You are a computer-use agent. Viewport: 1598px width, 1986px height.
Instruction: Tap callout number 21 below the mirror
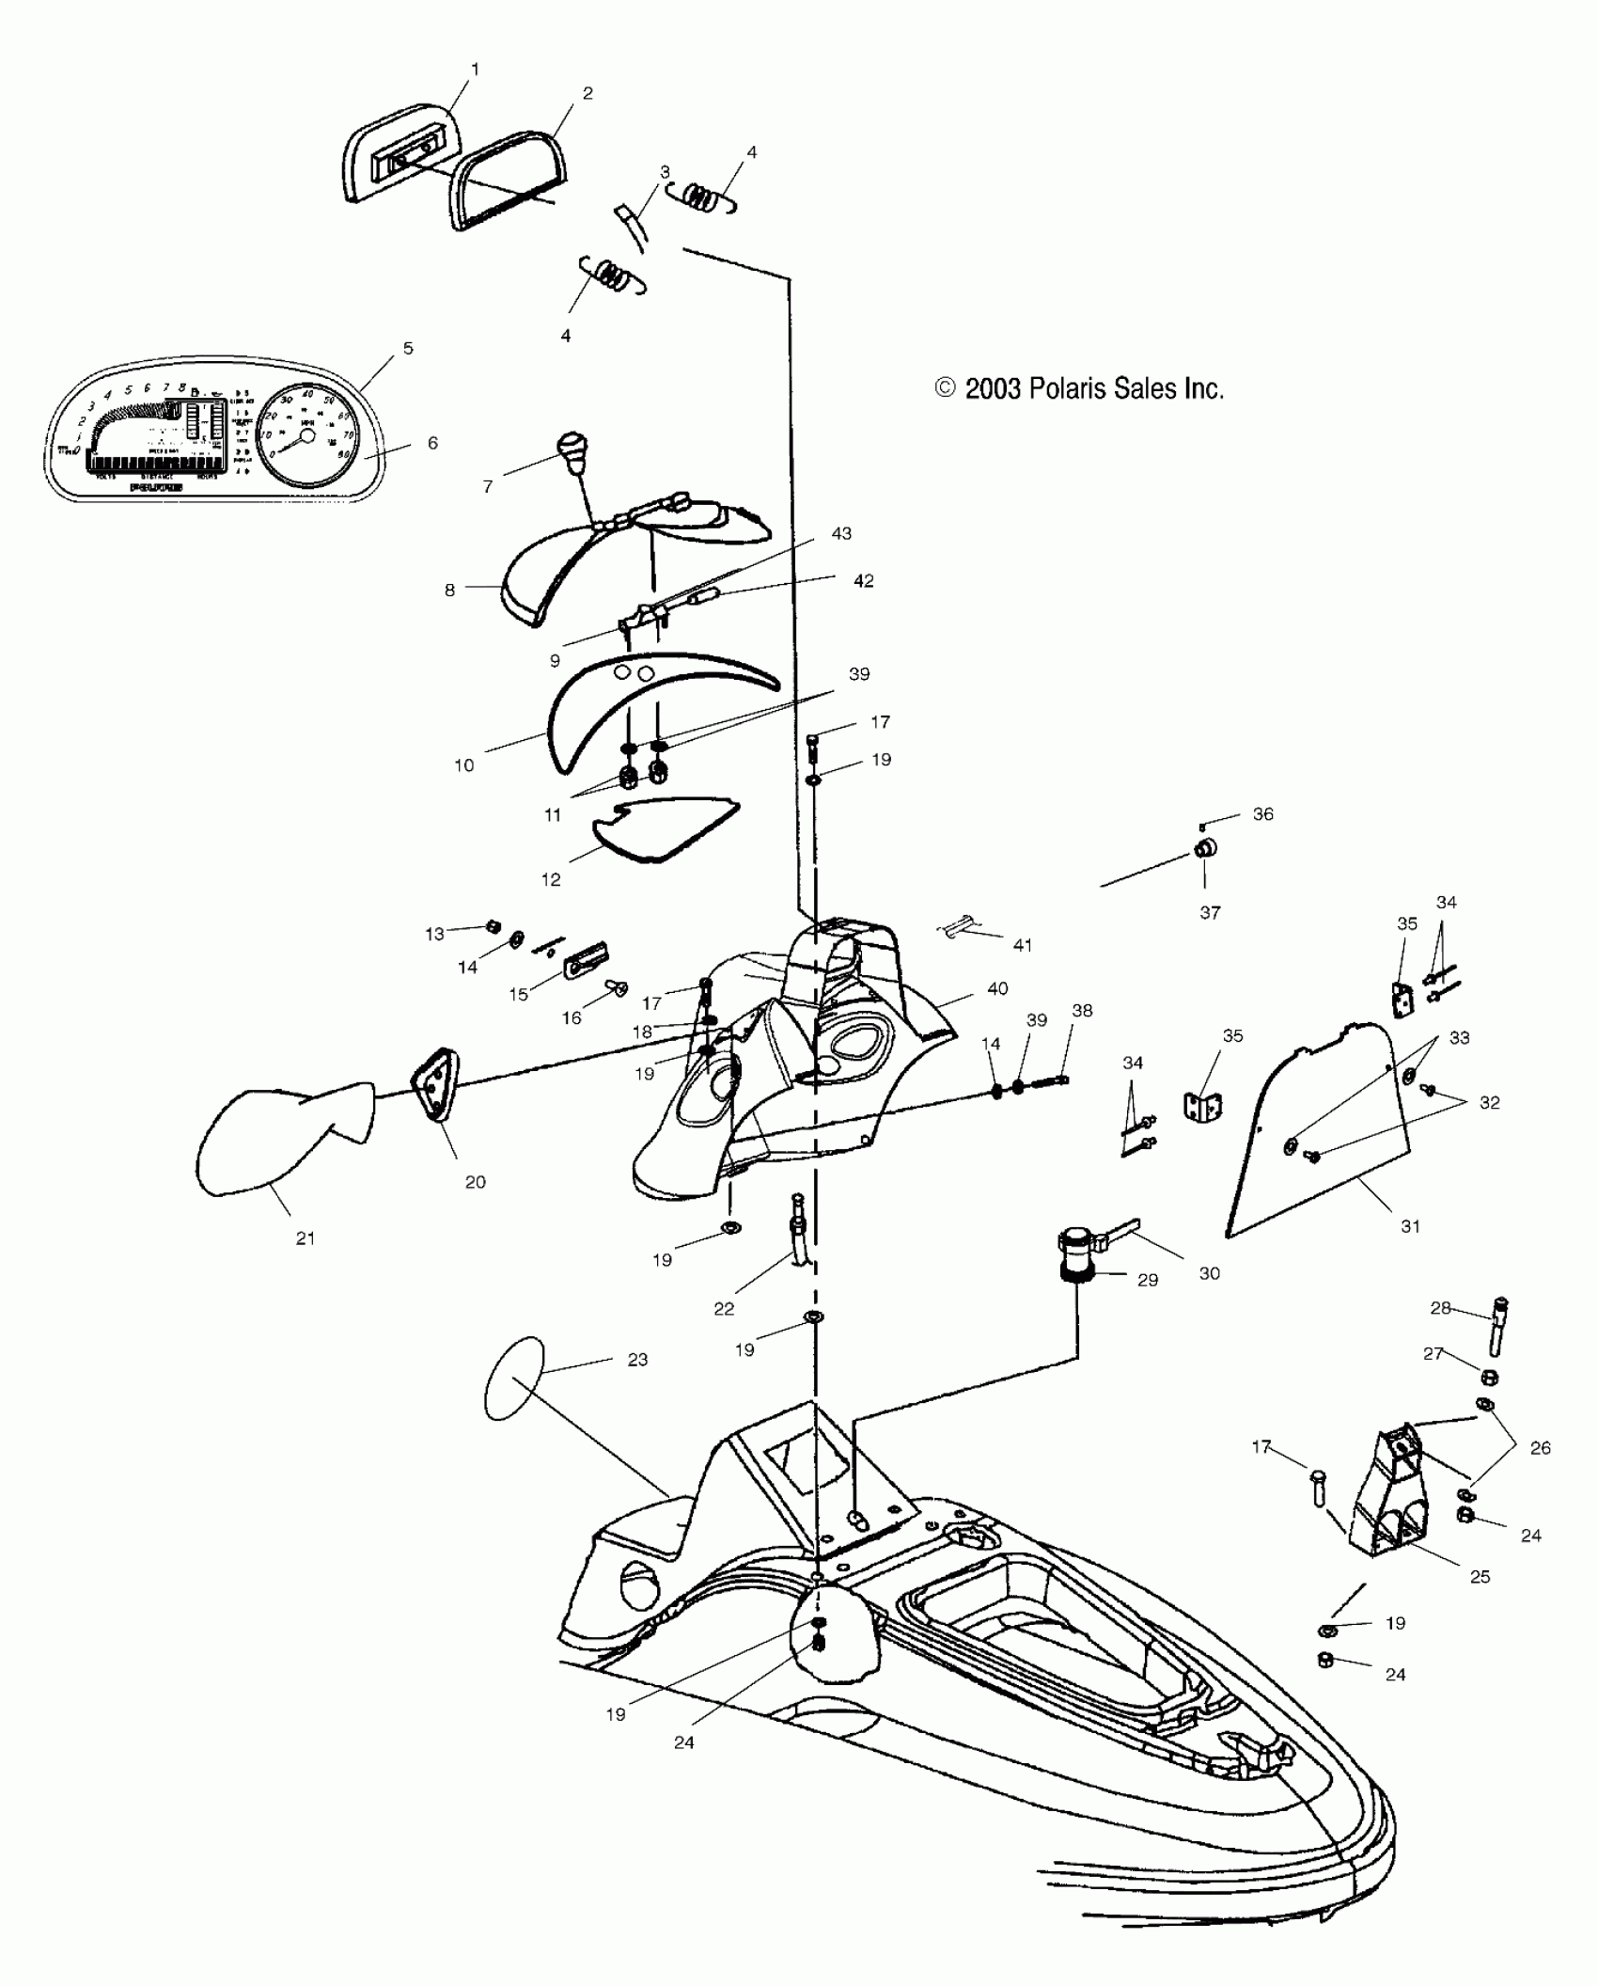(305, 1238)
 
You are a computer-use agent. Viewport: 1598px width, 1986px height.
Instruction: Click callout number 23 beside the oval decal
(637, 1360)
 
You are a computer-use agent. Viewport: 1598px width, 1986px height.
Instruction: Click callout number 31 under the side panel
(1410, 1226)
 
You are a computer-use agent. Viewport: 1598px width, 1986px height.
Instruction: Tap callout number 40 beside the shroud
(997, 988)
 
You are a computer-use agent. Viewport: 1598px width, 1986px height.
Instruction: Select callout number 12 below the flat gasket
(551, 879)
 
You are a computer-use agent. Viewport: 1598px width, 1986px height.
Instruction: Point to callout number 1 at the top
(475, 69)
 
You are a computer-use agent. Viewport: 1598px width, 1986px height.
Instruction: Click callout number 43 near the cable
(841, 533)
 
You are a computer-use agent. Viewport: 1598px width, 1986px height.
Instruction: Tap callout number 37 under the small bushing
(1210, 912)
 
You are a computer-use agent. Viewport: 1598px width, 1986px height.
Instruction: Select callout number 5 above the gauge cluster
(408, 348)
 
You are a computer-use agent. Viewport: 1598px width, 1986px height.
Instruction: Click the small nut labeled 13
(491, 926)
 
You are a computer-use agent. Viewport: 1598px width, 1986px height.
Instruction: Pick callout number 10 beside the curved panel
(464, 765)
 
